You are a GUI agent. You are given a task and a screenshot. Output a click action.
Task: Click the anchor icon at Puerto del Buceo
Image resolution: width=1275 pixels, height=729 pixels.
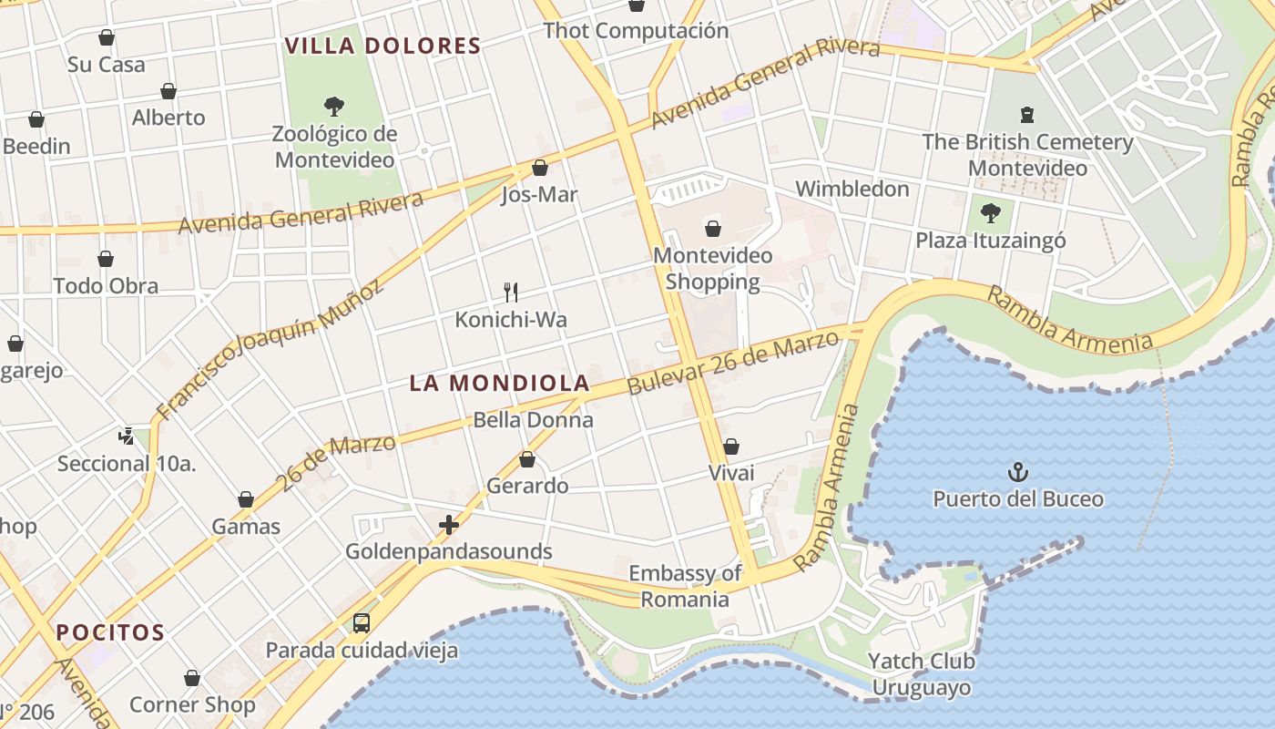1017,472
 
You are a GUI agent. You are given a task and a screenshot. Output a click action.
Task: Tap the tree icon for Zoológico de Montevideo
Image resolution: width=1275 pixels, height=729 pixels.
334,107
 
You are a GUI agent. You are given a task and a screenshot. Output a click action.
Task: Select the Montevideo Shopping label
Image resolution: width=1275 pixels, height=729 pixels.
712,269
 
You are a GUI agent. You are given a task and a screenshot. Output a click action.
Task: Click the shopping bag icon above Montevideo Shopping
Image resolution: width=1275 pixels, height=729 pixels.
713,229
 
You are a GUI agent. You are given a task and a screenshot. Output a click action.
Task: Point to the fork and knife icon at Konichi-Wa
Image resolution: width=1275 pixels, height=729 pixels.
511,293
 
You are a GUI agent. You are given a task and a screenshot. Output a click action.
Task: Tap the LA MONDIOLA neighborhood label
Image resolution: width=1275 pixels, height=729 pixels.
499,384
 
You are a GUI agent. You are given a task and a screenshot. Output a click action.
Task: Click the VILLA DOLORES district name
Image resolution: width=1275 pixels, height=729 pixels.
382,46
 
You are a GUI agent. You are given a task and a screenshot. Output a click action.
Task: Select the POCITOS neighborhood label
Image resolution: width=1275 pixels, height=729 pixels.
110,632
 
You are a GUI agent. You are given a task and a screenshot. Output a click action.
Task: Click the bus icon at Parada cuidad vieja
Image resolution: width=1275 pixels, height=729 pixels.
362,623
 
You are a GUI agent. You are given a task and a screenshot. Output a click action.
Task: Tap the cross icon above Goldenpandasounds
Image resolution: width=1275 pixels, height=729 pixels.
448,525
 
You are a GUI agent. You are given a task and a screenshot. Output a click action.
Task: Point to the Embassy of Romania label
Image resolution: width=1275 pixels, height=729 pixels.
685,586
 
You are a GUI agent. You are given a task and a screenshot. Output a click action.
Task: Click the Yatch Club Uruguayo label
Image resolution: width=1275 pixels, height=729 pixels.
922,674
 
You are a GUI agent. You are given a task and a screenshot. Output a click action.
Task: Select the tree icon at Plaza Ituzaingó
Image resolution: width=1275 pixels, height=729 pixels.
990,214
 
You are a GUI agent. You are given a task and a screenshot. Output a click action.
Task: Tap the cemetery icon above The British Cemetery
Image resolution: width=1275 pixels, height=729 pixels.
1027,115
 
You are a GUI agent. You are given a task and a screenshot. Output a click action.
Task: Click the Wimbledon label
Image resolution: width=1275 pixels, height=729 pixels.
852,189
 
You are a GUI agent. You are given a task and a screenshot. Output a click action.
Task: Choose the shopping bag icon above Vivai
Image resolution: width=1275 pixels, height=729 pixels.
731,447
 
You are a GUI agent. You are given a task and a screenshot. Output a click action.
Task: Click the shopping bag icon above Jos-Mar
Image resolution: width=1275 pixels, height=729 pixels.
539,169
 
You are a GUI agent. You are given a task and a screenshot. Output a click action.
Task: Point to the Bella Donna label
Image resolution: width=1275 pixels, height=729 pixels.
533,420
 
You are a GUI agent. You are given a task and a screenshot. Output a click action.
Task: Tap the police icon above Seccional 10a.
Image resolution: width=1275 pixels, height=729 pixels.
127,436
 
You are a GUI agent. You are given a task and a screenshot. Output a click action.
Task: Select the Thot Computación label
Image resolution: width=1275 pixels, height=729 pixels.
636,31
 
